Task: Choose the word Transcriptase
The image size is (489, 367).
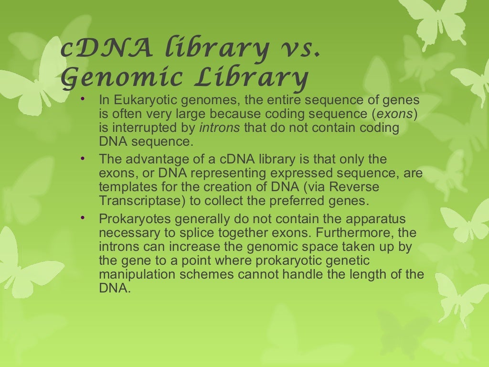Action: click(x=141, y=201)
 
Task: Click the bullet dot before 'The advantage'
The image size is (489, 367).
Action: click(x=83, y=157)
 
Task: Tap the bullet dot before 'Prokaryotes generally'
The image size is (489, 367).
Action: click(x=83, y=217)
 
